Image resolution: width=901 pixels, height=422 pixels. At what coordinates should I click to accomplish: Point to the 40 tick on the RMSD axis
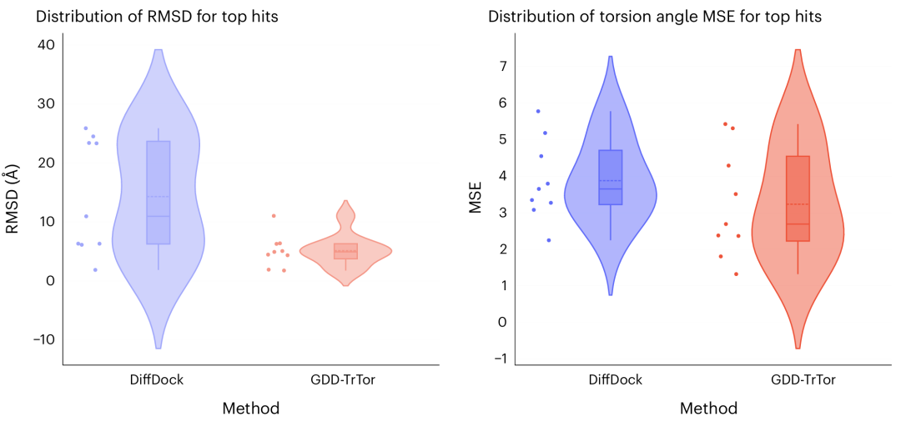point(45,44)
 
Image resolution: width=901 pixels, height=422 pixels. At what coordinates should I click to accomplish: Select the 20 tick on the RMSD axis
point(45,163)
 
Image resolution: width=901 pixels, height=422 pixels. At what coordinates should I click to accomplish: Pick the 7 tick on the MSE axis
point(502,66)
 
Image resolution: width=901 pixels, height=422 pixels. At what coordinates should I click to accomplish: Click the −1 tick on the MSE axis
point(499,359)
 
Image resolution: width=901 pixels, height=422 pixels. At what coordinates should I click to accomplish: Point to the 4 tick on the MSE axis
point(502,176)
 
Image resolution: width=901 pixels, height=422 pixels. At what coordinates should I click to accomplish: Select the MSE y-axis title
point(476,198)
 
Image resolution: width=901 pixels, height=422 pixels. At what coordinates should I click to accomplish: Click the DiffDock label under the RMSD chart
point(156,380)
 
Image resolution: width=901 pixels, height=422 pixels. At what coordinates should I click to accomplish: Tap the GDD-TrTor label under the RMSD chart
point(345,380)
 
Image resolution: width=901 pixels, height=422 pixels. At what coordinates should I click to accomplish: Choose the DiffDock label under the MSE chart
point(615,380)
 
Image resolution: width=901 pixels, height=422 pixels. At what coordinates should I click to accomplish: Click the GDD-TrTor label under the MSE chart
point(803,380)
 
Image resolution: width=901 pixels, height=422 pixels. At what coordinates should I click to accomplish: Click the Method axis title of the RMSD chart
point(250,409)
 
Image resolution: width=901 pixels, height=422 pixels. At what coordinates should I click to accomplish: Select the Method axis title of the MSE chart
point(708,409)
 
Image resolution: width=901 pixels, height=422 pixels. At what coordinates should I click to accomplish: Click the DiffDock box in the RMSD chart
point(159,192)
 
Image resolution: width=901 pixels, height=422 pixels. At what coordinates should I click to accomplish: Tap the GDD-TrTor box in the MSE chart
point(798,198)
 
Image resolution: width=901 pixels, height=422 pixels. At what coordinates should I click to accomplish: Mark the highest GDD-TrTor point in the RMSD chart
point(274,216)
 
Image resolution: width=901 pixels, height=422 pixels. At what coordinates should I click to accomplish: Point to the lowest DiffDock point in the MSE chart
point(549,240)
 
